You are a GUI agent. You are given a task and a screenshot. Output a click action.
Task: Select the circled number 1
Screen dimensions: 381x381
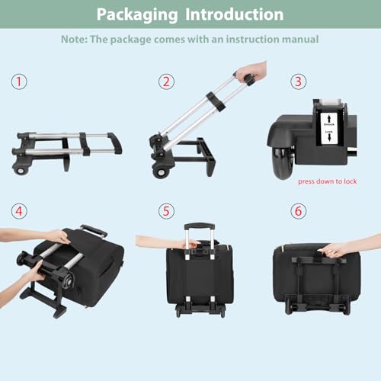click(x=19, y=82)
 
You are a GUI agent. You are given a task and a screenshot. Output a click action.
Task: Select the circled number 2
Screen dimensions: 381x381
click(x=166, y=82)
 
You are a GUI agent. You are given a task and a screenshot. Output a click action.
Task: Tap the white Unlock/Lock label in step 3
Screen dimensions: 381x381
click(x=330, y=125)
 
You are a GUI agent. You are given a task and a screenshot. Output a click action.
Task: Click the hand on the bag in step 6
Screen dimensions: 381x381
click(x=335, y=249)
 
